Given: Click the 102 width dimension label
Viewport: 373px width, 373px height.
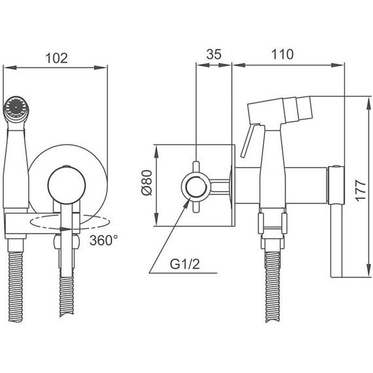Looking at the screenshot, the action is click(x=56, y=58).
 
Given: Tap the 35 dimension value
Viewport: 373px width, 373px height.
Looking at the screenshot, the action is click(x=213, y=54).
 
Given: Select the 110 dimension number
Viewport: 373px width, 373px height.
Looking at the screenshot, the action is click(x=282, y=54).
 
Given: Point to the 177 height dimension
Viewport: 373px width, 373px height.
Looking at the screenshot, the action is click(x=361, y=191).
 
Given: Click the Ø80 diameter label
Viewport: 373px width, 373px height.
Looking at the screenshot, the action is click(x=147, y=183).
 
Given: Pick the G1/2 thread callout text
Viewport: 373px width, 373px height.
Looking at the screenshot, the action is click(x=185, y=264).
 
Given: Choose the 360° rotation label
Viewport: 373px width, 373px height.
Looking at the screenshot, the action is click(x=103, y=240).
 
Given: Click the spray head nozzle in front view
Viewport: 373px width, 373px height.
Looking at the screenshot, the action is click(x=16, y=109).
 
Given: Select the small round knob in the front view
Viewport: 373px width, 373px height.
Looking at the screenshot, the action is click(x=66, y=185).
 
